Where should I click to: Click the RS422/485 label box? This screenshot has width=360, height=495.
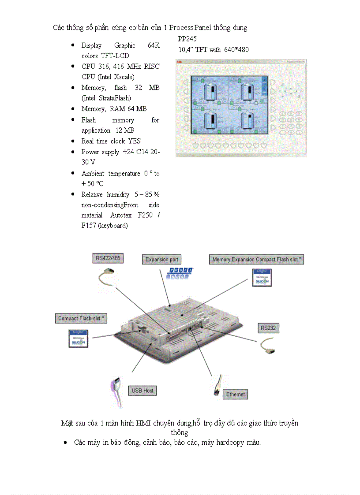click(x=108, y=258)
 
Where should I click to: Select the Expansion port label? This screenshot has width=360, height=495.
click(x=162, y=259)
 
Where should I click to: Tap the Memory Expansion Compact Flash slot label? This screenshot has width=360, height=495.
click(x=257, y=259)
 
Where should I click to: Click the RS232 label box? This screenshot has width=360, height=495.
click(x=268, y=328)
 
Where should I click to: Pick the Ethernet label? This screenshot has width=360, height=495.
click(x=235, y=394)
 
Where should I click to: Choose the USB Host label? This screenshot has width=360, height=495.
click(x=142, y=391)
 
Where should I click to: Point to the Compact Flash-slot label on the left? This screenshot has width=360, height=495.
click(x=81, y=318)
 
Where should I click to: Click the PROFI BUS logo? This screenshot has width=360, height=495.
click(x=180, y=273)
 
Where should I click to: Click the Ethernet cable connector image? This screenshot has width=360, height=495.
click(x=217, y=384)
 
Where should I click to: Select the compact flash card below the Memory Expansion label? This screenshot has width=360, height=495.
click(x=262, y=278)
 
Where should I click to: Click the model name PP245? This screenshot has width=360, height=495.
click(x=187, y=39)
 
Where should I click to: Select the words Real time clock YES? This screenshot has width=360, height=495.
click(x=111, y=141)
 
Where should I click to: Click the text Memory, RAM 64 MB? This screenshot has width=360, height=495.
click(x=114, y=108)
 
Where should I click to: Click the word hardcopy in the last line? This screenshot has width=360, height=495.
click(x=230, y=442)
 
